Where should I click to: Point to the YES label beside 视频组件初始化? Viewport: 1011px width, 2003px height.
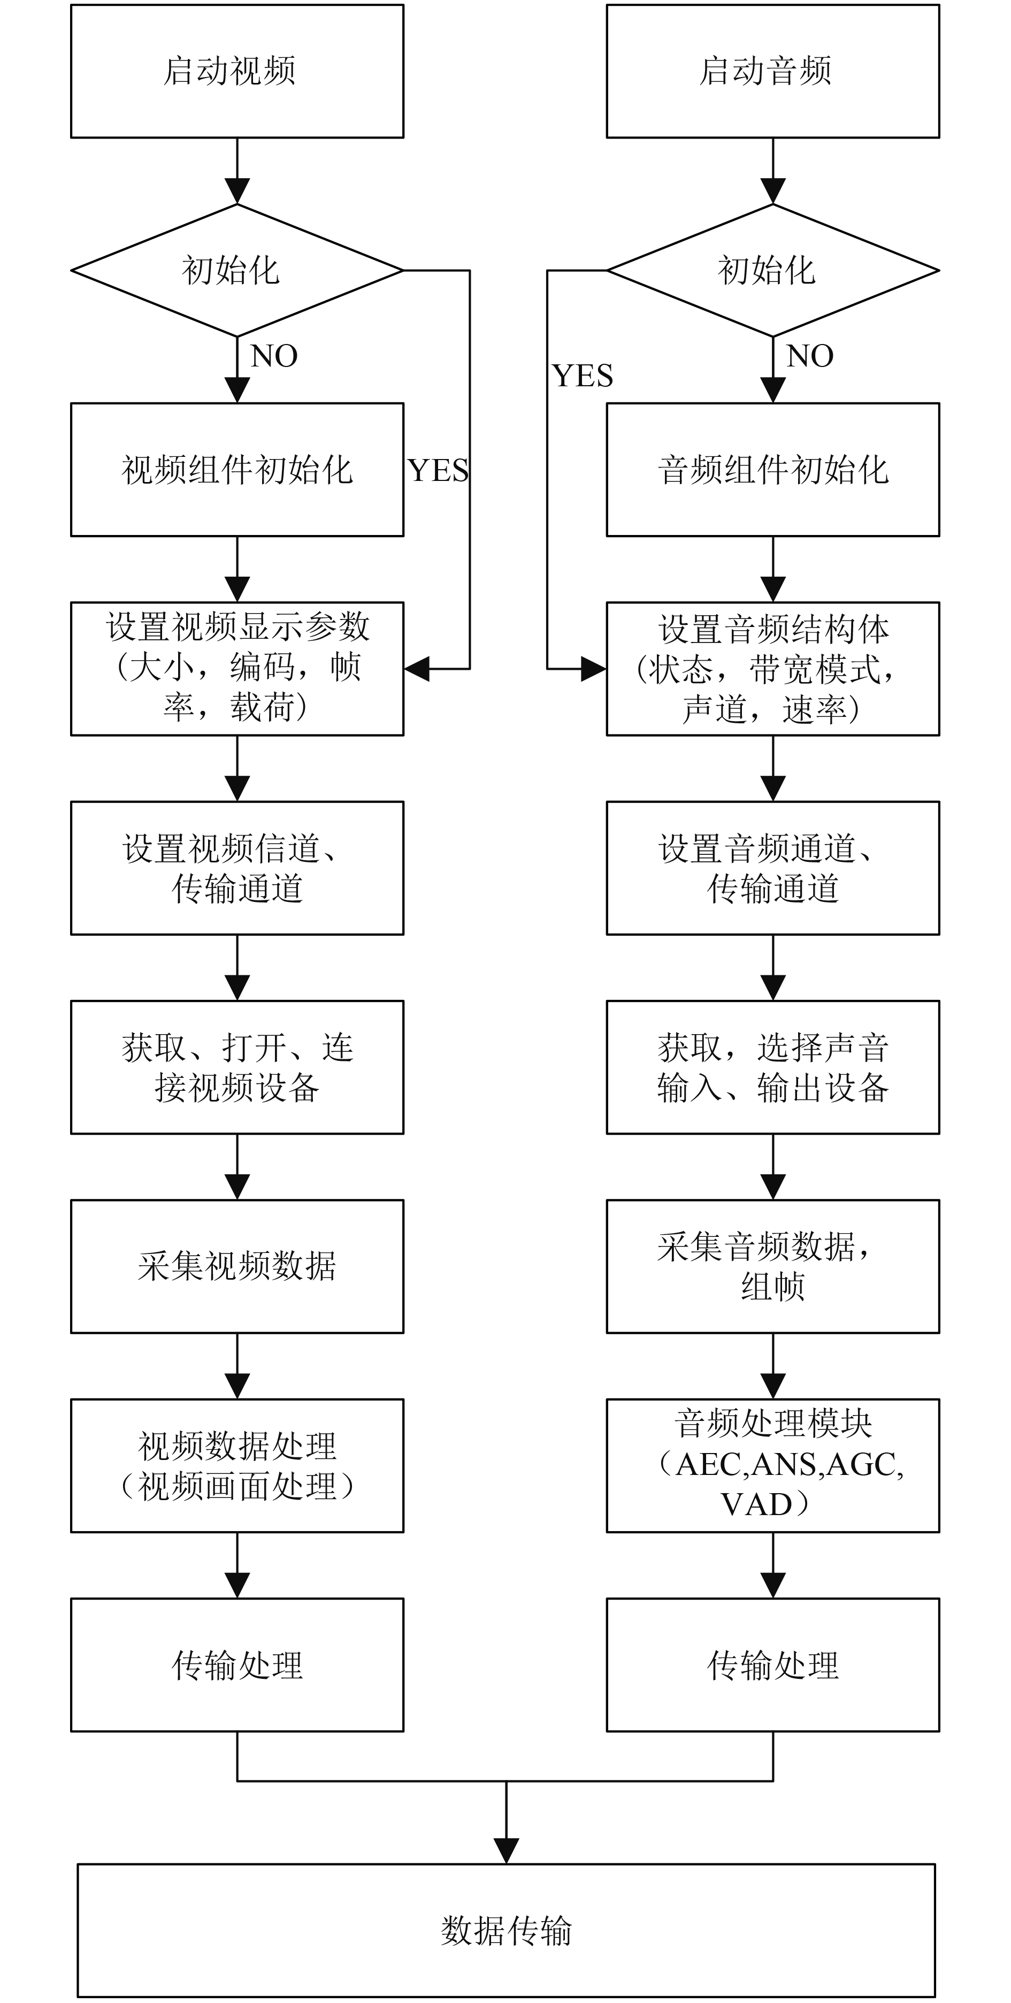click(439, 470)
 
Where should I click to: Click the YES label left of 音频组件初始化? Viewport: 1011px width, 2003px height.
click(583, 376)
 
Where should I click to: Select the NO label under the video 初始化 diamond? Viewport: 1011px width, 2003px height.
click(274, 356)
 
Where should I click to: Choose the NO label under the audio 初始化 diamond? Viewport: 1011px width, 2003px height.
click(809, 356)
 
